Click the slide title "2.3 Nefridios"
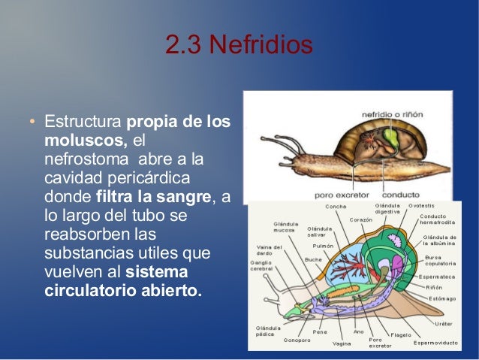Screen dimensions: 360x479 tap(239, 46)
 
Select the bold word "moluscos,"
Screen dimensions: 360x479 tap(86, 141)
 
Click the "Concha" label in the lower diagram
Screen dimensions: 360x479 tap(335, 207)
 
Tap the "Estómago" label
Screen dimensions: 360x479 tap(441, 297)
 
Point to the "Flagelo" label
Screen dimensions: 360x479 tap(399, 334)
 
